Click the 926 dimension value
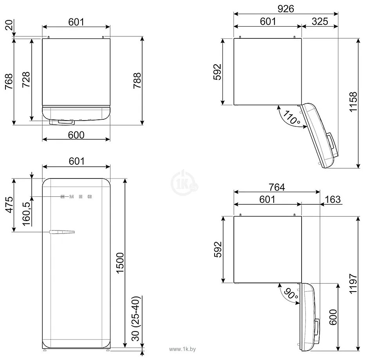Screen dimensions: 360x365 pos(286,8)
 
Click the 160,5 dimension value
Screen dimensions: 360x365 pos(26,215)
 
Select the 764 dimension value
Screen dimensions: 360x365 pos(276,187)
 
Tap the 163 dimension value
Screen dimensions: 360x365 pos(333,200)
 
